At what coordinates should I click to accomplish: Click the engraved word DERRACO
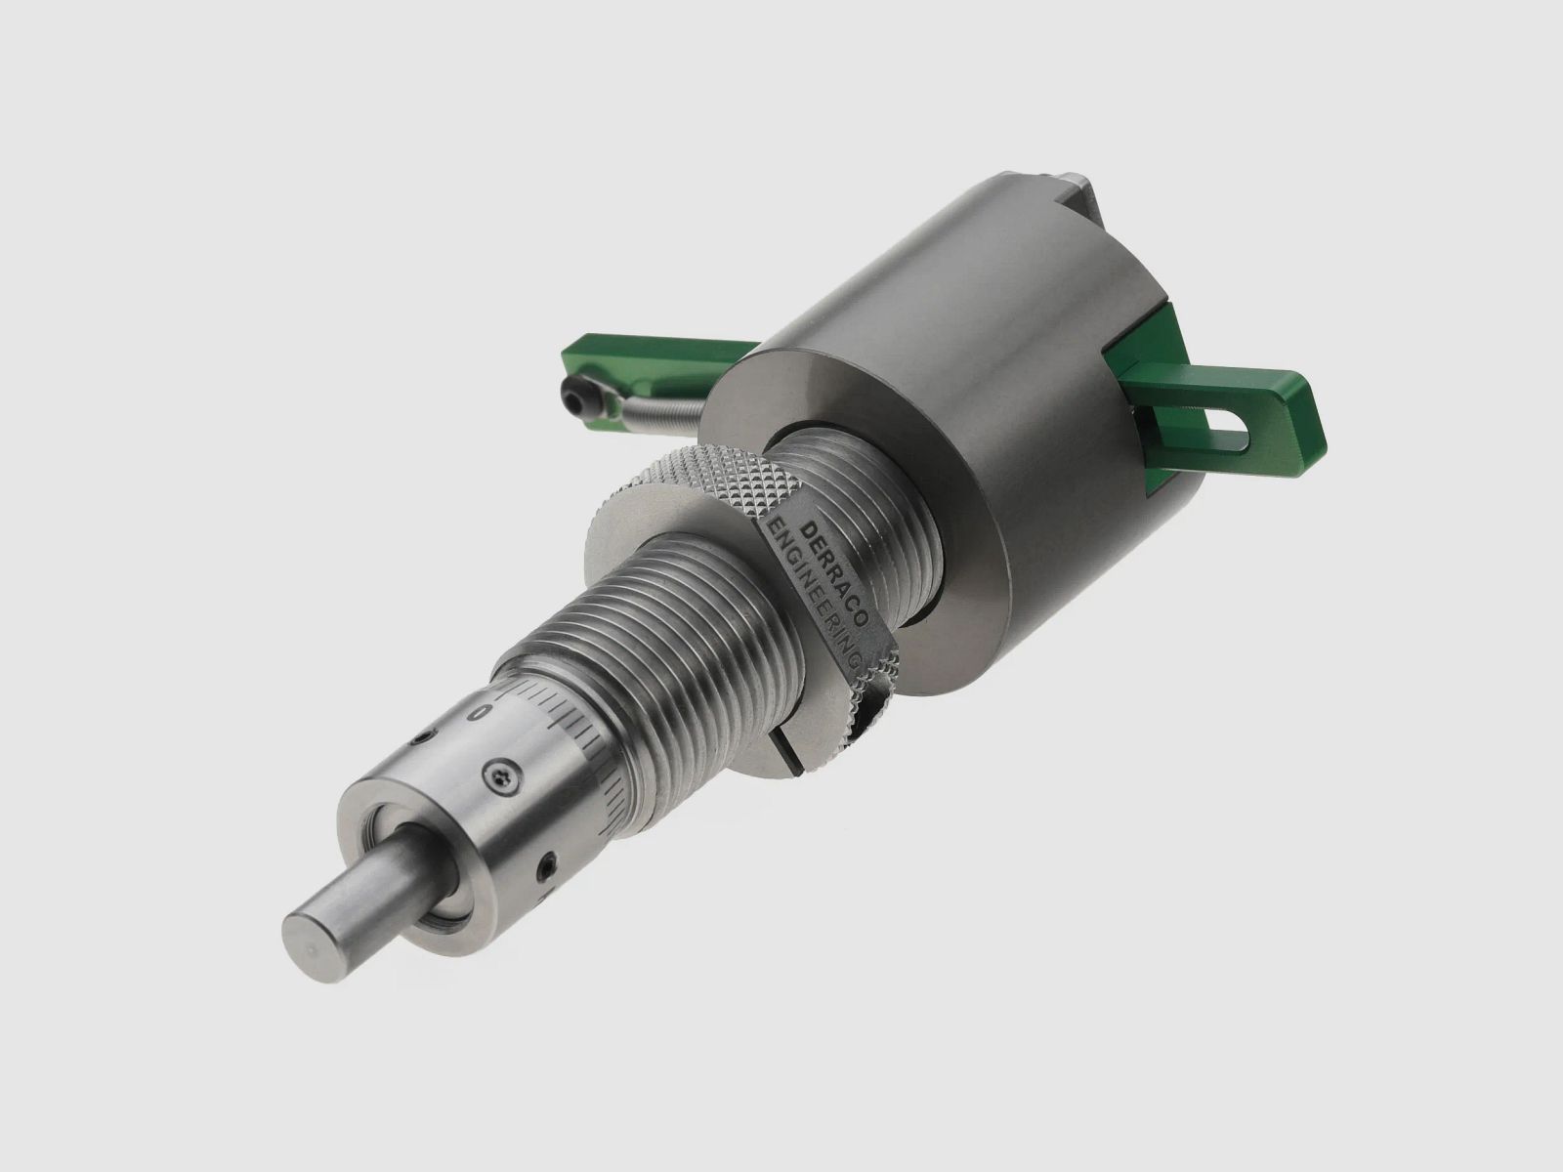[x=835, y=573]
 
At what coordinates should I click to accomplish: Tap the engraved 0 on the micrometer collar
[x=484, y=712]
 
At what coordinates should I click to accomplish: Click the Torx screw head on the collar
[x=501, y=776]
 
